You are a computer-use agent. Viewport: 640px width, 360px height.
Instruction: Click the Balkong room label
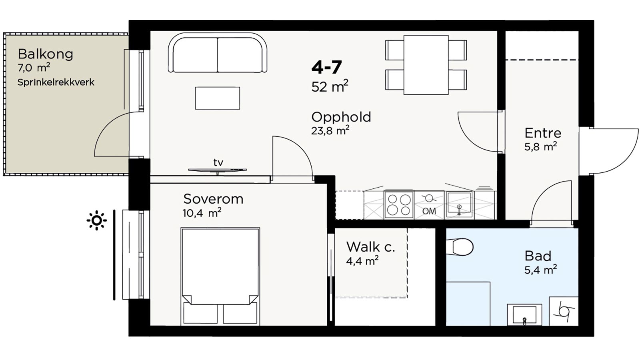(46, 54)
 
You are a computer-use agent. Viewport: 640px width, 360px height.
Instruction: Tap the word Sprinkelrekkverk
(56, 82)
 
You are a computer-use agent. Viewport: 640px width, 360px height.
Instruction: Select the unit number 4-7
(326, 67)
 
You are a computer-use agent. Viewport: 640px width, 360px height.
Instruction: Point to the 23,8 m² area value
(330, 130)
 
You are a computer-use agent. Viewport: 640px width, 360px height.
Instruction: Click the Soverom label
(213, 199)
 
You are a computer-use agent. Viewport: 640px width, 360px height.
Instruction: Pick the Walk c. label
(370, 247)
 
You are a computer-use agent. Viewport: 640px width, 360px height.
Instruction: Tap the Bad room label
(538, 256)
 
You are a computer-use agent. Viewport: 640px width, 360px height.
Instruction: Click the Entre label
(543, 133)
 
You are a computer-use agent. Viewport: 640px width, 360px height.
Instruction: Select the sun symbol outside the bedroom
(97, 220)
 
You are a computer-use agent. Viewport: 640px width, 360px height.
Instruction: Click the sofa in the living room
(218, 52)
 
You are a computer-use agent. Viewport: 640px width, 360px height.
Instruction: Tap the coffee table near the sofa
(218, 98)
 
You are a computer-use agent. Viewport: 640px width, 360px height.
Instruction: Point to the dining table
(426, 65)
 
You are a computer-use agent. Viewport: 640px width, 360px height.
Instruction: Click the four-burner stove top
(399, 205)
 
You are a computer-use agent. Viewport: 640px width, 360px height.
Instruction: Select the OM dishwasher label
(429, 211)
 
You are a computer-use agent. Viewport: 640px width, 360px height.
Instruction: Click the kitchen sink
(459, 204)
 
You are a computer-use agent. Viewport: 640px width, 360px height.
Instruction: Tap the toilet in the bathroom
(460, 246)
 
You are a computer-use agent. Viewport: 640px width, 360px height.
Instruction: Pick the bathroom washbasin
(524, 315)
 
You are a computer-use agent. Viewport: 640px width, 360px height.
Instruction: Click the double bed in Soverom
(220, 276)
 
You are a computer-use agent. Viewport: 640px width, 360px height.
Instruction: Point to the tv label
(218, 162)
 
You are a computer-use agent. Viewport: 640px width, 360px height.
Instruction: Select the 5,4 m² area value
(540, 270)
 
